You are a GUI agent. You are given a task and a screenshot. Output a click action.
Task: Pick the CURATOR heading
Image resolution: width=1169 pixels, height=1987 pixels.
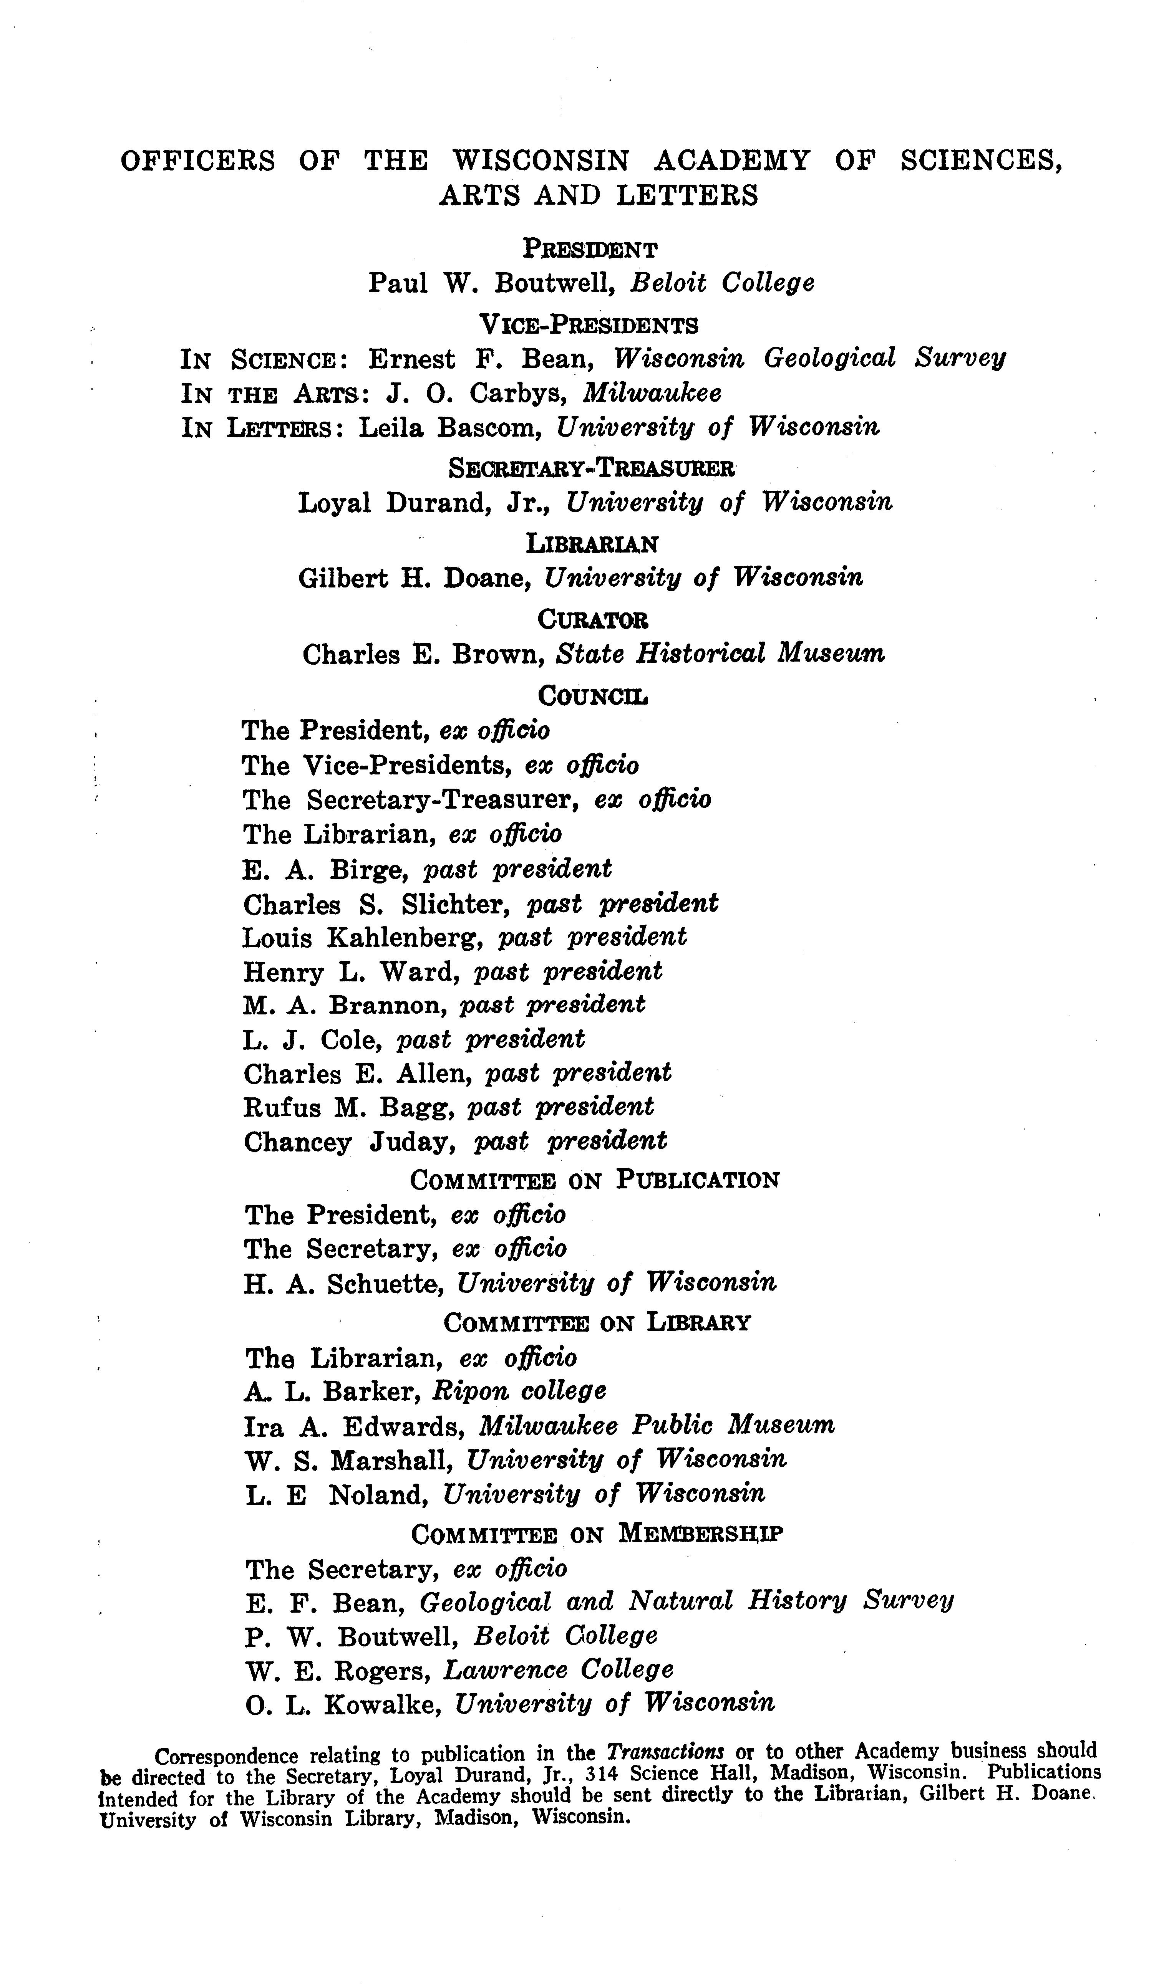(x=592, y=620)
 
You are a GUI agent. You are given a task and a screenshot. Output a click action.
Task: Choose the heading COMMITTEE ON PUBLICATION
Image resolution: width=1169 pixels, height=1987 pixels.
(x=595, y=1180)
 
